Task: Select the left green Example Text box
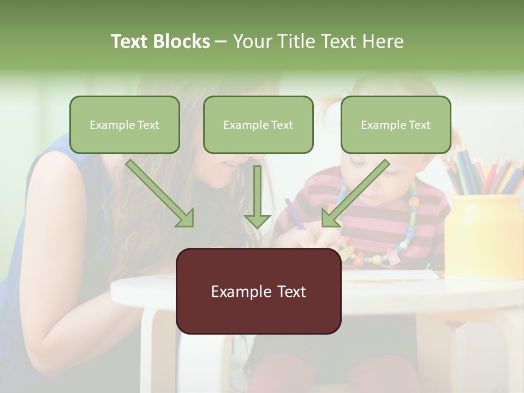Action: pos(124,124)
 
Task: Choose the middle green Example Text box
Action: pos(258,124)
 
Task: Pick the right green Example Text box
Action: pos(396,124)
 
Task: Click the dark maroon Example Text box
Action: pos(258,291)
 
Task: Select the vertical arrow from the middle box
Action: pos(257,196)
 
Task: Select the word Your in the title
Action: pos(252,41)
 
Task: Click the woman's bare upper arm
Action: pos(55,218)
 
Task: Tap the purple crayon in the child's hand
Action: pos(295,213)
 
